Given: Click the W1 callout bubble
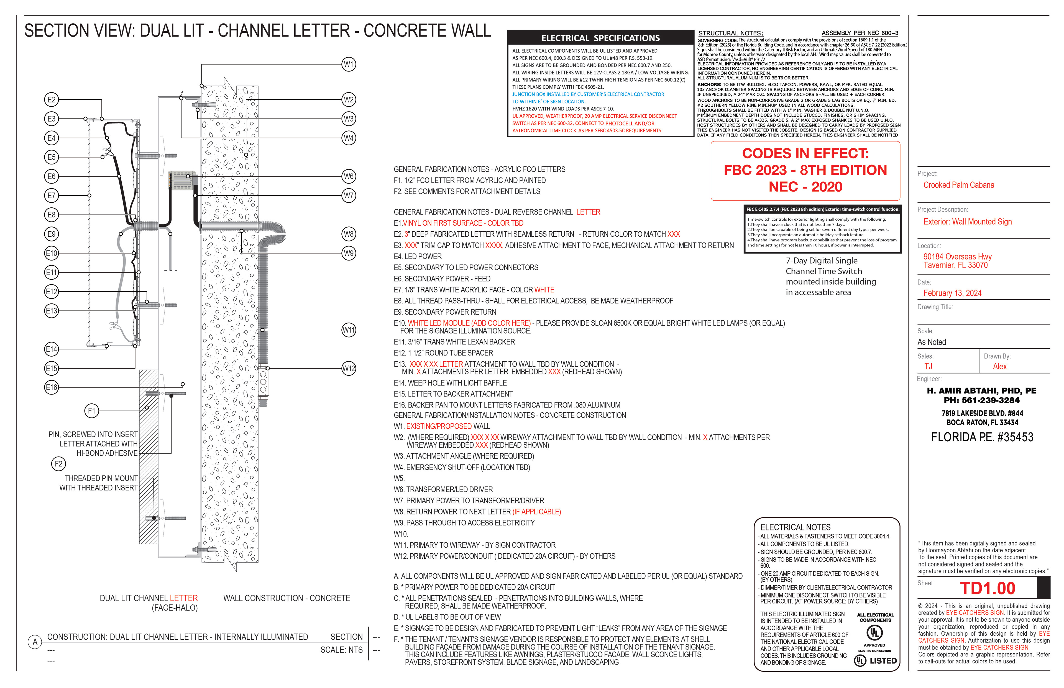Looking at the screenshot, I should coord(349,64).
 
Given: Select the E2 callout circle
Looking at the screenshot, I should coord(52,100).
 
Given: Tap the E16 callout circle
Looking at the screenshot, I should coord(52,387).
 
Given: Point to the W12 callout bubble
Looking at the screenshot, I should coord(349,369).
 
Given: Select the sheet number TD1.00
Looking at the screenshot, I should coord(988,588).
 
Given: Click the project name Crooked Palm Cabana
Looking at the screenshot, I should coord(958,185).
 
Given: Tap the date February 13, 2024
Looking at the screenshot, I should coord(952,293).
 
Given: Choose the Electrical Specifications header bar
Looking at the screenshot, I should coord(600,38).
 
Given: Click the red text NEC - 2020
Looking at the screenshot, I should coord(805,187).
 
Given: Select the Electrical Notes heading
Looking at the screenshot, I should coord(795,527).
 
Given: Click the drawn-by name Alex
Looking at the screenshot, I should coord(1000,366).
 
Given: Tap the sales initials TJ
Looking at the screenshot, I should coord(928,366).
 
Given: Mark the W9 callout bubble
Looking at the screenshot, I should coord(349,253).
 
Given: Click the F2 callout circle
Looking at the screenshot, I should coord(58,464).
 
